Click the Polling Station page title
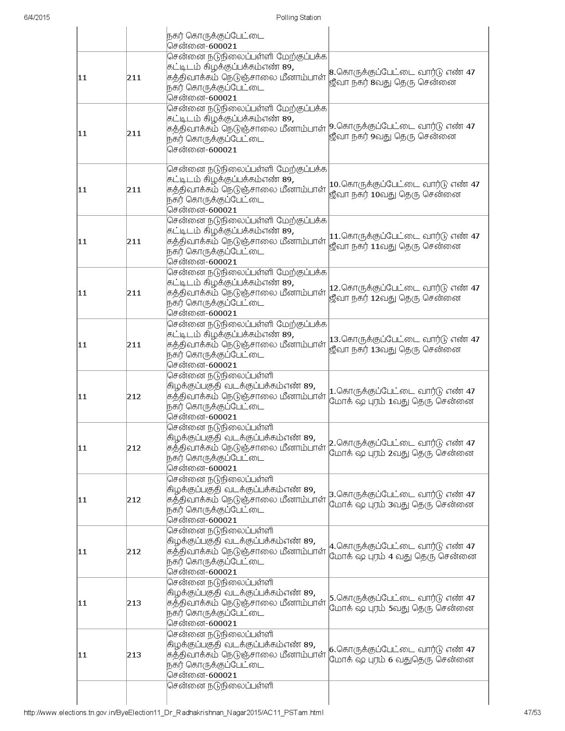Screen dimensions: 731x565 (x=298, y=18)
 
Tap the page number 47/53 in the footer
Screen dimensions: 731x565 (x=532, y=712)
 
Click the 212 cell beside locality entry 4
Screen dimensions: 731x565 (x=134, y=552)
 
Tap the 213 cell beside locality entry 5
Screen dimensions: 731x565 (x=134, y=603)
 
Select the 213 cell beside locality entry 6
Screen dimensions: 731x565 (x=134, y=655)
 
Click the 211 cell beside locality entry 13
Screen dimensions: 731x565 (x=134, y=345)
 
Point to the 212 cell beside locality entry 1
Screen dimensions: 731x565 (x=134, y=397)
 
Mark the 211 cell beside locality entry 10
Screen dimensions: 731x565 (x=134, y=190)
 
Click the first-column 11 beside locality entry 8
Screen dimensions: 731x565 (x=82, y=78)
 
